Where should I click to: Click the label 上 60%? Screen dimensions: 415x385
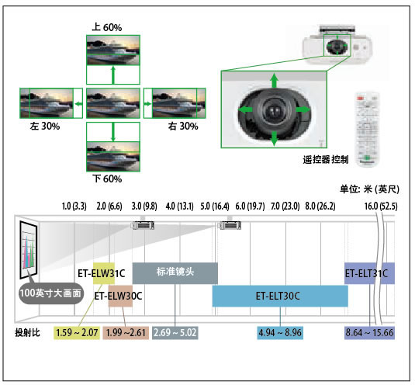[x=107, y=27]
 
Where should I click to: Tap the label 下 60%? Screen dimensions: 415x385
[x=107, y=179]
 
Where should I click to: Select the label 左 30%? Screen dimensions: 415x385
[x=45, y=126]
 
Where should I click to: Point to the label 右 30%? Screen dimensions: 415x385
[x=183, y=126]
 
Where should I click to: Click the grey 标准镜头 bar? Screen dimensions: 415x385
[x=175, y=273]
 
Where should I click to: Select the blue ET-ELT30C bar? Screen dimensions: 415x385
[x=280, y=296]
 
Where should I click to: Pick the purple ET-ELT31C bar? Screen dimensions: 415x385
[x=369, y=273]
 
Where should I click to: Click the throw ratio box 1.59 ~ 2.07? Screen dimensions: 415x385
[x=77, y=332]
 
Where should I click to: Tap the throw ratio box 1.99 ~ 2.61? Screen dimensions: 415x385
[x=126, y=332]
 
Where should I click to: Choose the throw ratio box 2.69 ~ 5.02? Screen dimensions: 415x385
[x=175, y=332]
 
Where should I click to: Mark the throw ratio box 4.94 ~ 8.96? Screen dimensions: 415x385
[x=280, y=332]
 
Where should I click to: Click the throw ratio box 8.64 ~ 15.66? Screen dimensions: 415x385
[x=369, y=332]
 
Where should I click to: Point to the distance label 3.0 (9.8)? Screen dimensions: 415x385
[x=144, y=206]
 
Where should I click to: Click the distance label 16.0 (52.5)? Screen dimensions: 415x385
[x=381, y=206]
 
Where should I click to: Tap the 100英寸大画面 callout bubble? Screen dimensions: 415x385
[x=51, y=293]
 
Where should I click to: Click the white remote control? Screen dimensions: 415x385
[x=368, y=130]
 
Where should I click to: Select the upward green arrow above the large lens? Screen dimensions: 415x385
[x=274, y=81]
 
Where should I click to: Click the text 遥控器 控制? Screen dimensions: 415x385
[x=326, y=160]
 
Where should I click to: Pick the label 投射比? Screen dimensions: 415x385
[x=27, y=332]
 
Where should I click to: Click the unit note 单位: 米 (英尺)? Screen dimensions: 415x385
[x=369, y=189]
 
